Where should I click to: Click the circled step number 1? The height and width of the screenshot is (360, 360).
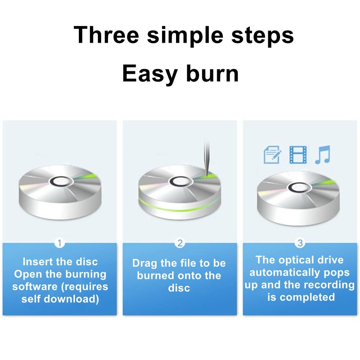pyautogui.click(x=60, y=243)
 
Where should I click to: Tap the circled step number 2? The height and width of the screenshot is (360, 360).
pyautogui.click(x=180, y=243)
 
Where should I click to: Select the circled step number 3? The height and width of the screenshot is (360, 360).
pyautogui.click(x=300, y=243)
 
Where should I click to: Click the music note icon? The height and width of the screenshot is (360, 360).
pyautogui.click(x=323, y=154)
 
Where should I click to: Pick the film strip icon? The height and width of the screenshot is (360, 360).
pyautogui.click(x=298, y=154)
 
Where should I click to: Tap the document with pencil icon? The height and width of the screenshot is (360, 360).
pyautogui.click(x=272, y=154)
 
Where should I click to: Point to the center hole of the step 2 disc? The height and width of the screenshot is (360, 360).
pyautogui.click(x=181, y=181)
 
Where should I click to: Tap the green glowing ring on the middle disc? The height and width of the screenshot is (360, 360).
pyautogui.click(x=180, y=207)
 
